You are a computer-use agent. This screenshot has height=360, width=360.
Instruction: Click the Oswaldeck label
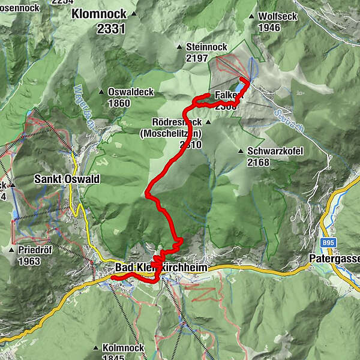pyautogui.click(x=131, y=92)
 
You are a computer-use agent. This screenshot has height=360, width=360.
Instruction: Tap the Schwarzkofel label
pyautogui.click(x=270, y=151)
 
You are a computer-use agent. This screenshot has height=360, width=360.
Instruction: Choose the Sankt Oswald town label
pyautogui.click(x=67, y=179)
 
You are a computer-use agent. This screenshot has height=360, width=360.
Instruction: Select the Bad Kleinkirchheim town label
pyautogui.click(x=161, y=268)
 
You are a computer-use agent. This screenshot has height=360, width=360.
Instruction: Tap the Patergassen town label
pyautogui.click(x=335, y=259)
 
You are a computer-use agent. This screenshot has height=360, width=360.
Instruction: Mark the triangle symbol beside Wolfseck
pyautogui.click(x=251, y=16)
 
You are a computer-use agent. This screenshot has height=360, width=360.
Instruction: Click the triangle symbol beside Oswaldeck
pyautogui.click(x=100, y=91)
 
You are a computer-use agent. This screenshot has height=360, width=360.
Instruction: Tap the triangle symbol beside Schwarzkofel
pyautogui.click(x=241, y=151)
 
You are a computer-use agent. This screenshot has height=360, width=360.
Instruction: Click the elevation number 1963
pyautogui.click(x=29, y=261)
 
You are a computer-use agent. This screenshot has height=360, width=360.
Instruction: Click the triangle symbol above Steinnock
pyautogui.click(x=179, y=47)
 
